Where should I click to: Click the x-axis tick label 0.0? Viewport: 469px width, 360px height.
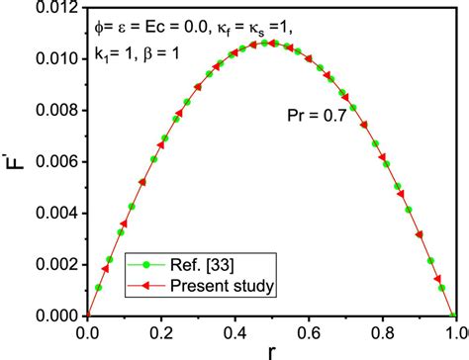[x=87, y=333]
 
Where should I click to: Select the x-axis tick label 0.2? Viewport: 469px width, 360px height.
[x=160, y=333]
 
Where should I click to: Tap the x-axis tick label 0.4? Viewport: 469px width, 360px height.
[x=234, y=333]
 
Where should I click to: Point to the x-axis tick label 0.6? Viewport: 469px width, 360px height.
[x=308, y=333]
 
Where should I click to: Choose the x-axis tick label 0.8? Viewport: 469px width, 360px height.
[x=382, y=333]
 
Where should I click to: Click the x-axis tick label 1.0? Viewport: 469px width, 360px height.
[x=454, y=333]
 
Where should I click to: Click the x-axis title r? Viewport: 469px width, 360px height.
[x=271, y=351]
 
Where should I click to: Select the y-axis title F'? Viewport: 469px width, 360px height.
[x=13, y=162]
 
